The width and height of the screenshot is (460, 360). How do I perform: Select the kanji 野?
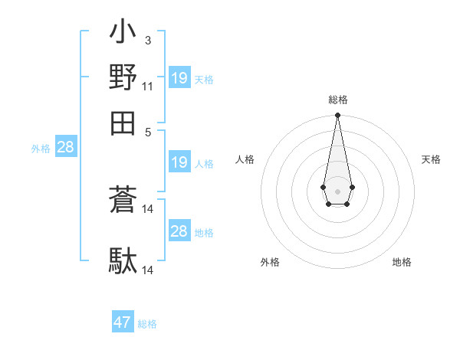tap(123, 77)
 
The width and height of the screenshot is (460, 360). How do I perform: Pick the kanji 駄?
tap(123, 261)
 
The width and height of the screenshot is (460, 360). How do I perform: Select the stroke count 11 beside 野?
tap(148, 86)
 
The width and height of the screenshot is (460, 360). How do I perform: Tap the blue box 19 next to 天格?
tap(179, 77)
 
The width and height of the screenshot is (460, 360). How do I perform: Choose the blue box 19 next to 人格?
tap(179, 162)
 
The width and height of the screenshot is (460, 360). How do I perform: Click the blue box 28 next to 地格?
tap(179, 231)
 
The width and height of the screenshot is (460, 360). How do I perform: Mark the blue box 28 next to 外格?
tap(66, 148)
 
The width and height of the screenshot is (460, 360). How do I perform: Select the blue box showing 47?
tap(123, 322)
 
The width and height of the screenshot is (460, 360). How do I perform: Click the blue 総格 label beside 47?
tap(148, 324)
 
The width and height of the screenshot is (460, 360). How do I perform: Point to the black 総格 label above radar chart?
tap(337, 100)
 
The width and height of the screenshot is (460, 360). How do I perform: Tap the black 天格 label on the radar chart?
tap(431, 159)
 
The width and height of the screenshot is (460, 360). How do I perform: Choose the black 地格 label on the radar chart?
tap(402, 262)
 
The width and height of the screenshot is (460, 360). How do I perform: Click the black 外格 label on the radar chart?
tap(270, 262)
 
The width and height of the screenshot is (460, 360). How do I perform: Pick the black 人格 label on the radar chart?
tap(245, 159)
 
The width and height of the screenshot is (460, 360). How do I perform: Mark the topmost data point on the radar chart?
tap(337, 116)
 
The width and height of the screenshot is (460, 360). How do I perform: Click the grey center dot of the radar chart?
tap(337, 190)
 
